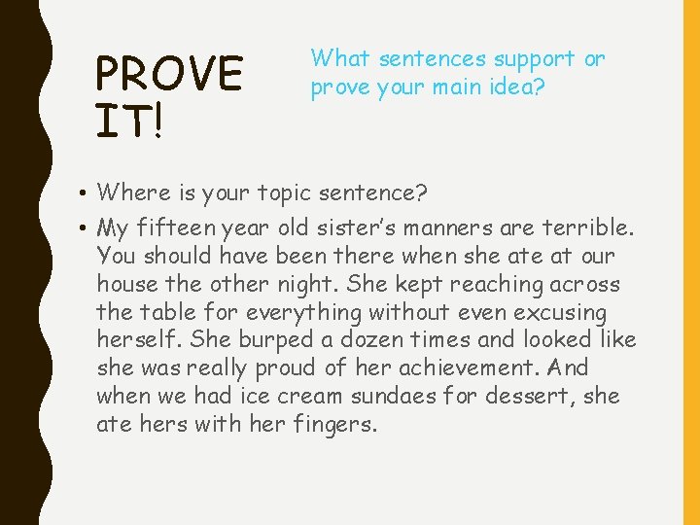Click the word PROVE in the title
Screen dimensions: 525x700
(x=169, y=75)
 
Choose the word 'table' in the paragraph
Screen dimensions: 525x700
(x=156, y=314)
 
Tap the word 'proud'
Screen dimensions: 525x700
(x=278, y=369)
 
